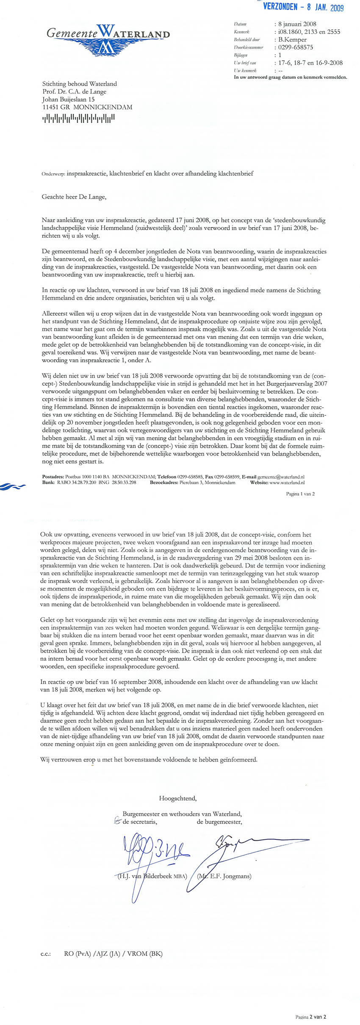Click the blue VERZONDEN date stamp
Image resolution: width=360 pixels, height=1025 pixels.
pos(303,7)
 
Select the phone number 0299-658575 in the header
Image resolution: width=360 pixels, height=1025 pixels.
pos(296,47)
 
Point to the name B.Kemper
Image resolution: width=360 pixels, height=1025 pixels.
pos(292,39)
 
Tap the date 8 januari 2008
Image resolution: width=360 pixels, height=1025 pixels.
pos(297,24)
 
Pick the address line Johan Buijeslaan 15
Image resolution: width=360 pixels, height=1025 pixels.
pos(68,99)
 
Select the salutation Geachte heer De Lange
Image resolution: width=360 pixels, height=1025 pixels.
pos(74,197)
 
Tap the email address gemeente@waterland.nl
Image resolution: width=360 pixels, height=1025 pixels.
pos(281,476)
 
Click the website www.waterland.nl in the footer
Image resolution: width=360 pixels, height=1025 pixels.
pos(287,482)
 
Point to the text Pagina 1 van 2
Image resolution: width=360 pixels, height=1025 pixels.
pos(300,494)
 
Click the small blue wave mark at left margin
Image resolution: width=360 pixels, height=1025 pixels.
pos(13,486)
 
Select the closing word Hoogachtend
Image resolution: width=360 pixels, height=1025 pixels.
pos(177,798)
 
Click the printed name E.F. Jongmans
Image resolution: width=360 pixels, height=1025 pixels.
pos(224,876)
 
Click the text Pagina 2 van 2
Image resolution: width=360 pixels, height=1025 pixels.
pos(310,1017)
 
